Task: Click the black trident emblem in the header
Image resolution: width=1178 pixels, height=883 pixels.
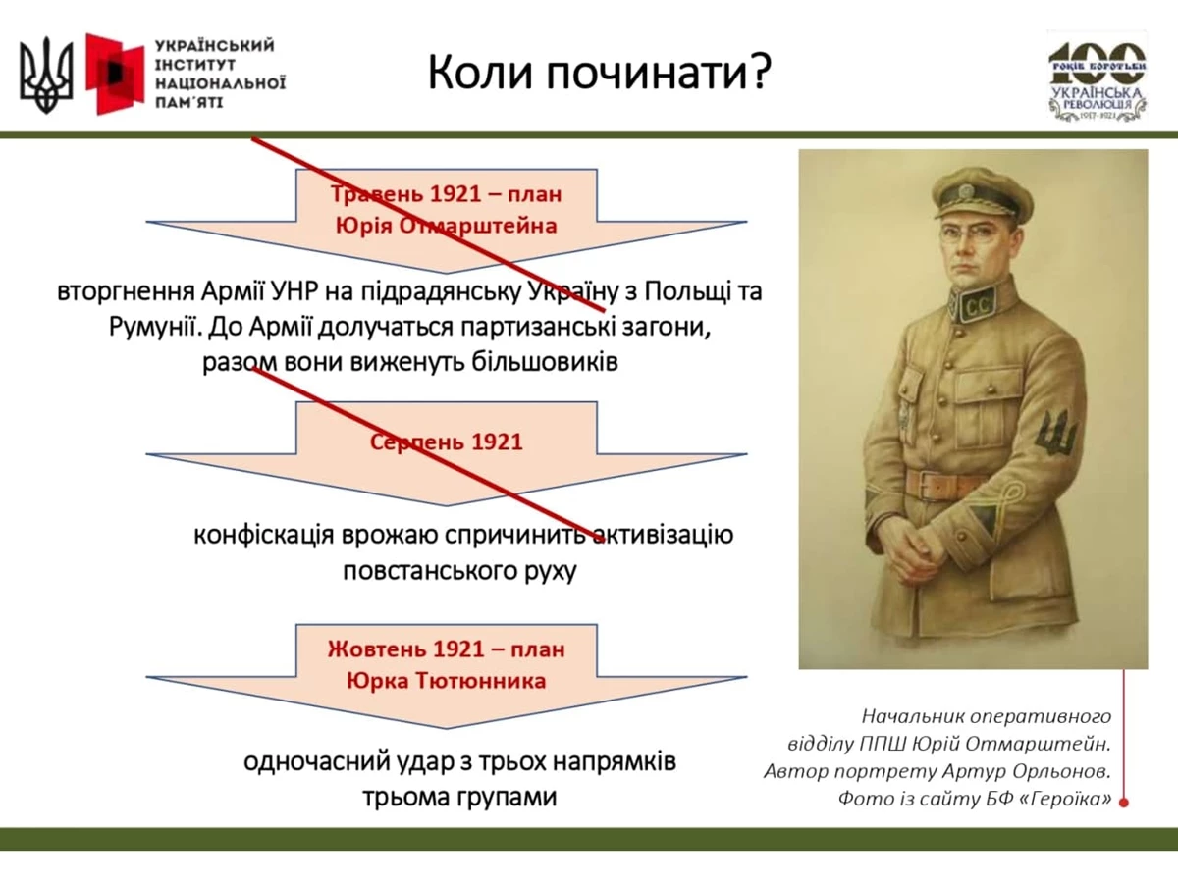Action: click(46, 76)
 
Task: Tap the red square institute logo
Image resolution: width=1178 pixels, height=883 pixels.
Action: click(115, 74)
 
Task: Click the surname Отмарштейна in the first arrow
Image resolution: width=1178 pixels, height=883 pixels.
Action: click(478, 226)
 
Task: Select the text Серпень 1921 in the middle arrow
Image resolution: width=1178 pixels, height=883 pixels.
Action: click(446, 442)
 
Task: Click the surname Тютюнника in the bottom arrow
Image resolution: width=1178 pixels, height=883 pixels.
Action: click(481, 681)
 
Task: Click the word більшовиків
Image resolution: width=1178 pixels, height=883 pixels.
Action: click(545, 361)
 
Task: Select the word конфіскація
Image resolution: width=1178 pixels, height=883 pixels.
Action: click(263, 535)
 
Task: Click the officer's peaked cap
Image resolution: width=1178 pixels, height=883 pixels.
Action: click(983, 194)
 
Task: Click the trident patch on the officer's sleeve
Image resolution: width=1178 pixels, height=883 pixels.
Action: click(1058, 434)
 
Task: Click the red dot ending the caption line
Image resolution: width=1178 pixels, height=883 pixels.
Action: click(1124, 803)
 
